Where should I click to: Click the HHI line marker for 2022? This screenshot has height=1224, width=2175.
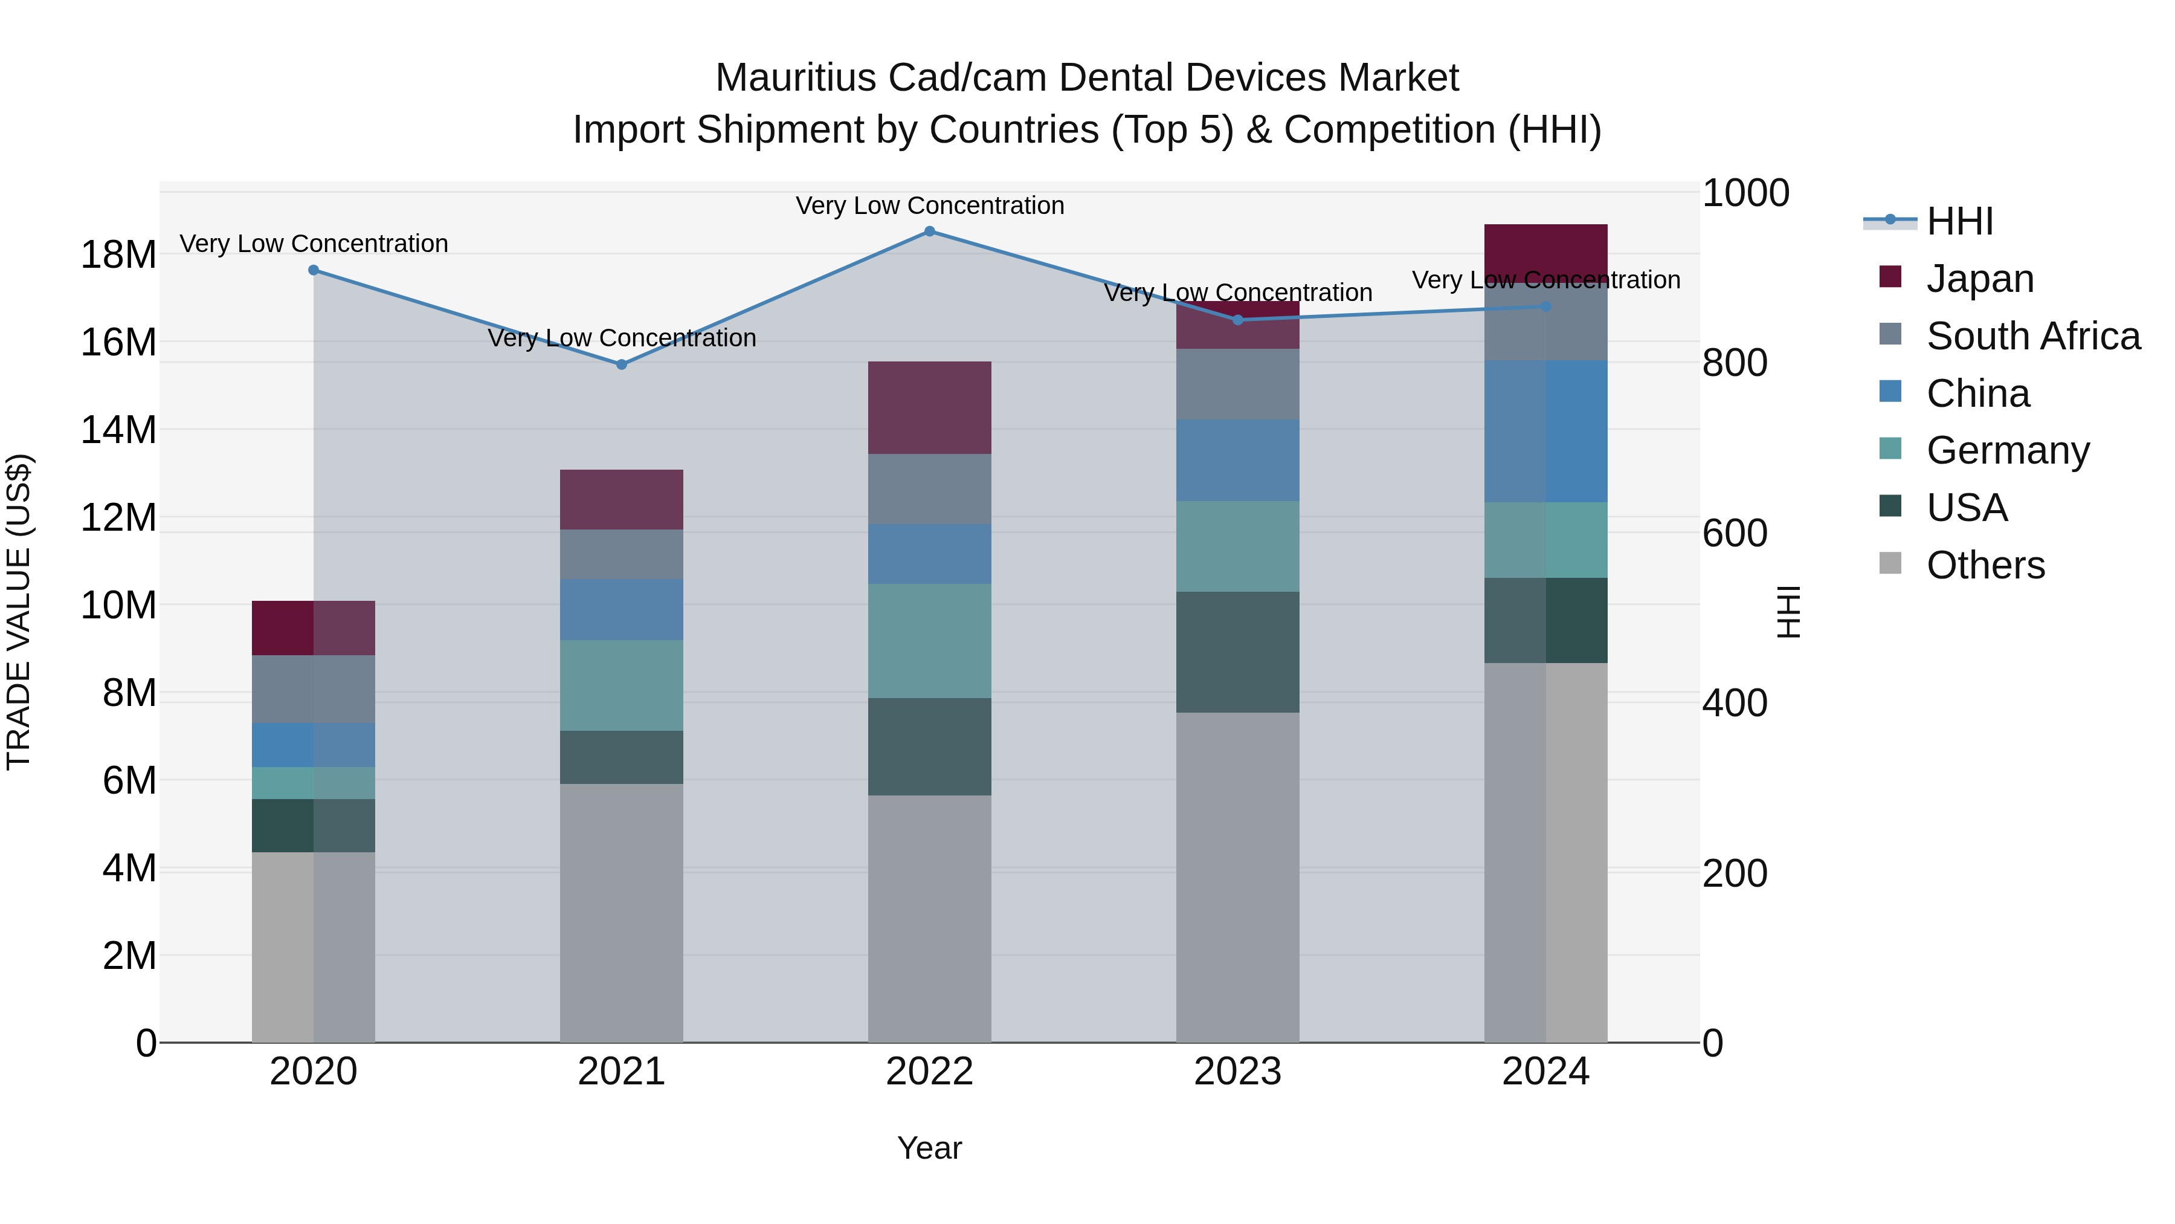pos(930,232)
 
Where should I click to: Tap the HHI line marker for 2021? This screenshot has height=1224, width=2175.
pos(622,365)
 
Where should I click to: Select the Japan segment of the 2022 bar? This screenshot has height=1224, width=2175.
pos(930,408)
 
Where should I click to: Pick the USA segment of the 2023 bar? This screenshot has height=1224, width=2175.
pos(1238,652)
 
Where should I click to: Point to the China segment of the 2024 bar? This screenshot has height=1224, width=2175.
pos(1546,432)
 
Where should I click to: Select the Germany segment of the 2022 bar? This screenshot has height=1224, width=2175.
pos(930,641)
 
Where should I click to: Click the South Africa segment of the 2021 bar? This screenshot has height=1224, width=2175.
pos(622,554)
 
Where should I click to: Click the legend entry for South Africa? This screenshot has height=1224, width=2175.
pos(2032,336)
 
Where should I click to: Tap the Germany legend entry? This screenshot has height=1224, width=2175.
pos(2007,450)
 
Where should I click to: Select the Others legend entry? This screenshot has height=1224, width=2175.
pos(1985,565)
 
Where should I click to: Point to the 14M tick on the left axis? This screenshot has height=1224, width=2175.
pos(118,430)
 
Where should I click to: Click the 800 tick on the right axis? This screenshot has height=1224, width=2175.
pos(1734,363)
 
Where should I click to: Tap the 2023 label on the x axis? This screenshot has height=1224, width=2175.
pos(1238,1072)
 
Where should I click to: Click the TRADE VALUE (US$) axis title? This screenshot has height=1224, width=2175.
pos(19,612)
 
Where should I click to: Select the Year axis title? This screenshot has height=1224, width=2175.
pos(930,1148)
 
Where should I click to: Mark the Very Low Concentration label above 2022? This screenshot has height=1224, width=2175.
pos(930,206)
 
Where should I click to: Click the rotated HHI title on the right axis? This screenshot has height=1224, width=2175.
pos(1789,612)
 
